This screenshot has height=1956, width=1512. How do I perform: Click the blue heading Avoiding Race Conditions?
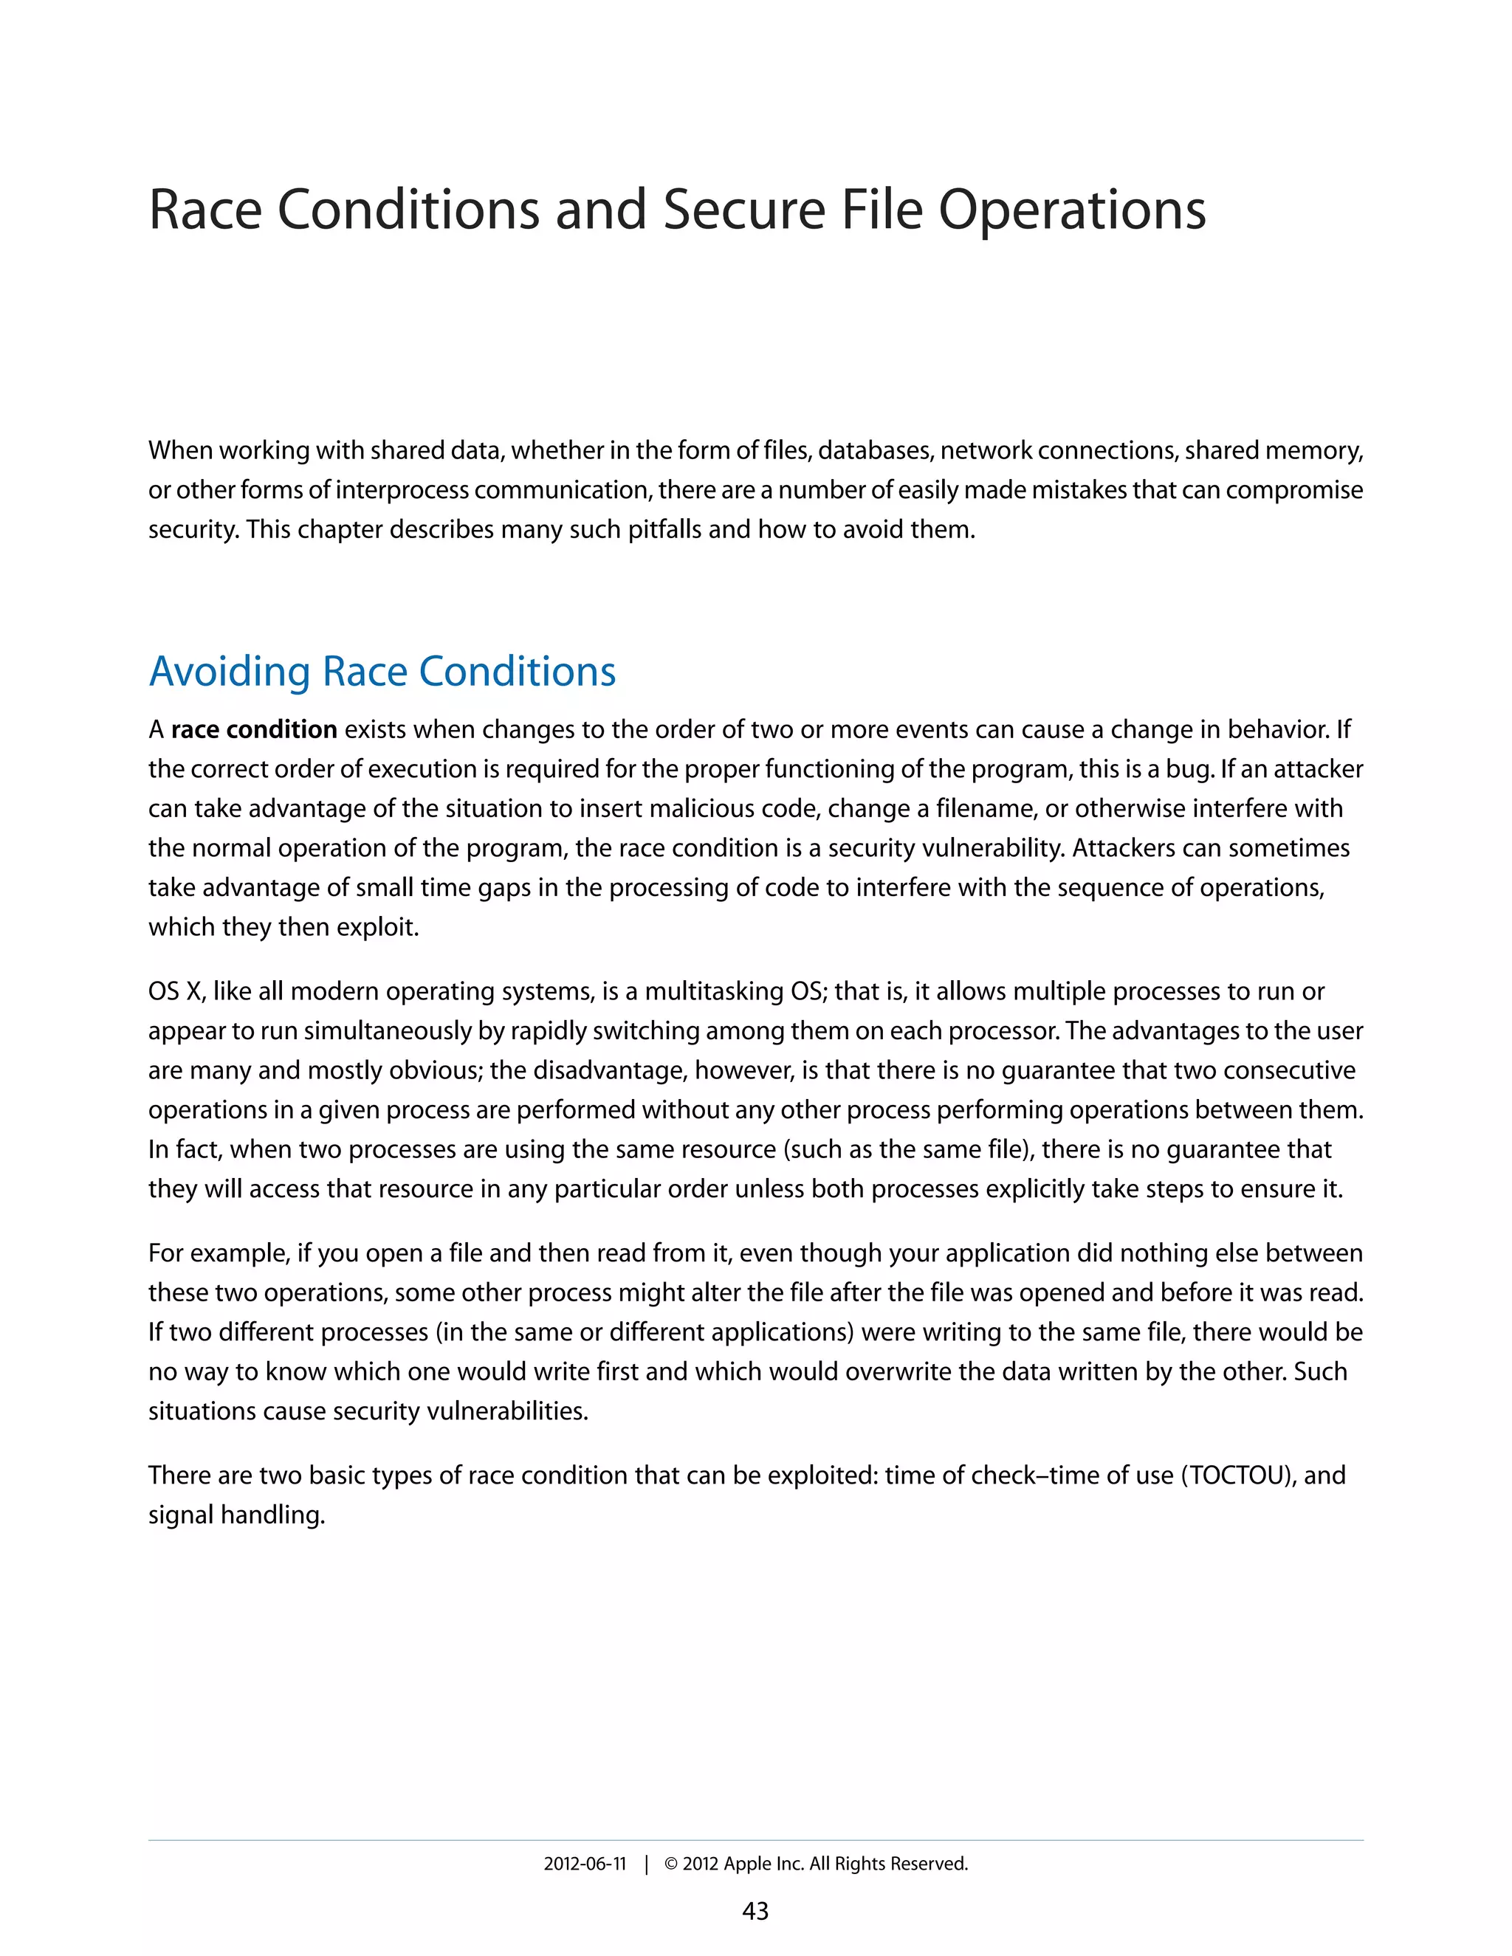pos(382,672)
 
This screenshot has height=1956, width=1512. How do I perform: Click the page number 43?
pos(755,1911)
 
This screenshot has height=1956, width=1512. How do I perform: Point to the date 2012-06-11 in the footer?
pos(585,1864)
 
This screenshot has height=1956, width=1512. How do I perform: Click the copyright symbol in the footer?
pos(671,1864)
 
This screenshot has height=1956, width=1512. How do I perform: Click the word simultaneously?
pos(390,1031)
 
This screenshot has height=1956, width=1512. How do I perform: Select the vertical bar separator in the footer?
pos(646,1864)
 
